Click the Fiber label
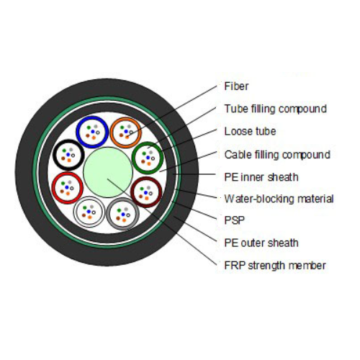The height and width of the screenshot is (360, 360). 236,86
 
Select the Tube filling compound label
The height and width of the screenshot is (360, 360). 275,109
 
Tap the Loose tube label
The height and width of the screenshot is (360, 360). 250,131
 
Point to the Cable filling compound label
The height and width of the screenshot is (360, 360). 277,155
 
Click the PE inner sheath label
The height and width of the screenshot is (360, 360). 261,177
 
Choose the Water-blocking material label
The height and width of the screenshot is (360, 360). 279,199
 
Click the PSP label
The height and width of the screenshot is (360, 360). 234,220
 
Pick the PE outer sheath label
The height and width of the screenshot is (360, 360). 261,243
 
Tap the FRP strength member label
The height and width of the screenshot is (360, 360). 275,266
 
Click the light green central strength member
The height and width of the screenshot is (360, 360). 108,172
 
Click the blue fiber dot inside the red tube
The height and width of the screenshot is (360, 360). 67,187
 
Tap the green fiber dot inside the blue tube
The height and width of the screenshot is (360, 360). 89,127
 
